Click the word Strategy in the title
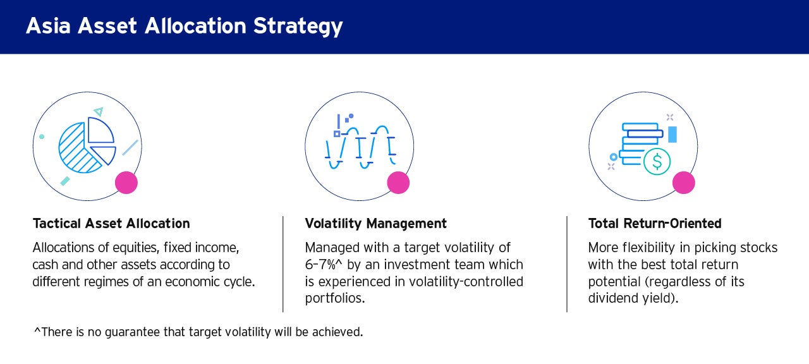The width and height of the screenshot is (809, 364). pos(298,27)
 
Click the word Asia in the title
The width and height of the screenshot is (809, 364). pos(48,26)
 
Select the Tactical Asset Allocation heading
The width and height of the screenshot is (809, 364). pos(111,224)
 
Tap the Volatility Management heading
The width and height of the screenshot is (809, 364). pos(375,224)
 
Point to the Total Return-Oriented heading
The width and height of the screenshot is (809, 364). pos(655,224)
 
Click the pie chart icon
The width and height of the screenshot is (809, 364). pos(87,145)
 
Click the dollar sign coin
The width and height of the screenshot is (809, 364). pos(657,162)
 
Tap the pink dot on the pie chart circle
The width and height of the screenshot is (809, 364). pos(126,183)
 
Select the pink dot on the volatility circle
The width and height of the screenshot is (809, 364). pos(398,183)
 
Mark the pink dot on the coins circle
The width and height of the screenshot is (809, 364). pos(684,183)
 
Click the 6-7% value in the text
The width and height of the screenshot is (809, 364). pos(320,265)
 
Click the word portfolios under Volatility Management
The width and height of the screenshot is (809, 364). pos(335,298)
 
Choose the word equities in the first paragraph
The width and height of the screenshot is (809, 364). pos(136,248)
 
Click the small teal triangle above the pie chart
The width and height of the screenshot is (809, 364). pos(98,111)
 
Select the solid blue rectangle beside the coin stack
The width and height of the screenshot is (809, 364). pos(672,135)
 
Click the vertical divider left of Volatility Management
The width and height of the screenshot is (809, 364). pos(283,264)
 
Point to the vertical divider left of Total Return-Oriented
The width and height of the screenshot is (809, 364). pos(567,264)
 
